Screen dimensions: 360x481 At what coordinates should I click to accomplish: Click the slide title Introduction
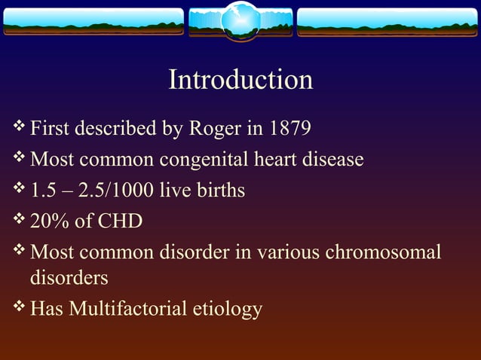(x=240, y=80)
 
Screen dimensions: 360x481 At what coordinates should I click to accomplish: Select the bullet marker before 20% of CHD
(x=20, y=221)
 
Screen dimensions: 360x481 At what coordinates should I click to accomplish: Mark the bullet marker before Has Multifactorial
(x=20, y=307)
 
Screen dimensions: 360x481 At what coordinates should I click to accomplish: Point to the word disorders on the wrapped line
(x=69, y=278)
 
